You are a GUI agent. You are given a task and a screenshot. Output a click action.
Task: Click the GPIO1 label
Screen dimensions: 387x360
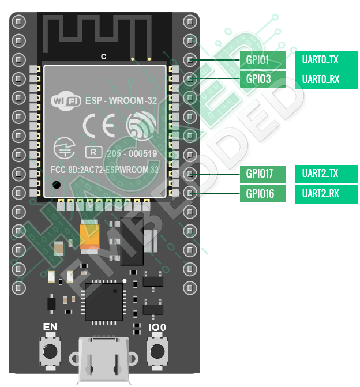(x=262, y=59)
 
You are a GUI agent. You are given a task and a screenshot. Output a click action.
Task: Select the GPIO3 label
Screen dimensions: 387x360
(x=262, y=78)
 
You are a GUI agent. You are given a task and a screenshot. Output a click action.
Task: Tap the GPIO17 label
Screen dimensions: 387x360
(x=262, y=173)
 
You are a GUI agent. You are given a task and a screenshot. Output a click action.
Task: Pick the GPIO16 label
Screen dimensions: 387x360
(x=262, y=193)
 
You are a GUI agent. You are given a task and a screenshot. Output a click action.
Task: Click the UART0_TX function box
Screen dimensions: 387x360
(x=326, y=59)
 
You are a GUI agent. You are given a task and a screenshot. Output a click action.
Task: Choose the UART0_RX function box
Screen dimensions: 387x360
(x=326, y=78)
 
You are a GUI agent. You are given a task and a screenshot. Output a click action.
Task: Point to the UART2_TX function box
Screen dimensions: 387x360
(x=326, y=173)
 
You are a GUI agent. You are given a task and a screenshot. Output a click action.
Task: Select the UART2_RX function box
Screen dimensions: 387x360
(x=326, y=193)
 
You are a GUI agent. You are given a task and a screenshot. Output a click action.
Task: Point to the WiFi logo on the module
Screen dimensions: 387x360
(x=66, y=100)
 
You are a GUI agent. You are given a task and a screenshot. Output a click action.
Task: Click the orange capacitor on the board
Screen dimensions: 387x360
(x=91, y=238)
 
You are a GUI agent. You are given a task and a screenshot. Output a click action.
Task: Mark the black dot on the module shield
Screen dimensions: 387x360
(x=56, y=185)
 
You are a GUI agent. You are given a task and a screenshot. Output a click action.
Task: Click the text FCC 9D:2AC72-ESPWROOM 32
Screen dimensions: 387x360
(x=104, y=170)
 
